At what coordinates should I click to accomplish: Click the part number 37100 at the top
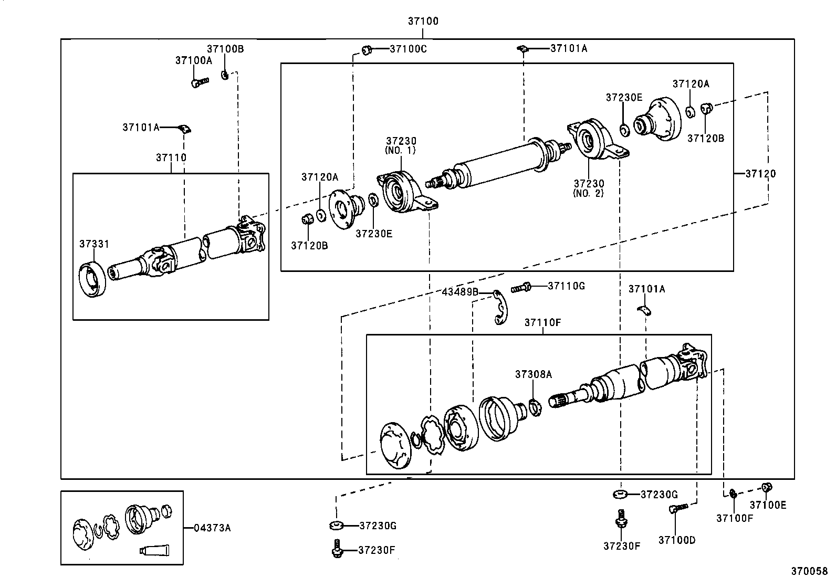tap(423, 22)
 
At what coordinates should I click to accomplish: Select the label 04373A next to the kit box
tap(212, 528)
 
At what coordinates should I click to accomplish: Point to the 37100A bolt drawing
tap(199, 82)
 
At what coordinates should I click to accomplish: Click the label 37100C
tap(408, 49)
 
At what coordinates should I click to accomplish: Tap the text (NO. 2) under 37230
tap(588, 193)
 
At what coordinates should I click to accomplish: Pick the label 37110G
tap(566, 286)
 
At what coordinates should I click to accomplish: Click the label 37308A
tap(534, 374)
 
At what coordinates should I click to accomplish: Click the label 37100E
tap(767, 505)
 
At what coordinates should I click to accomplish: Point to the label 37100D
tap(677, 540)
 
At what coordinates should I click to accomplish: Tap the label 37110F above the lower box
tap(542, 322)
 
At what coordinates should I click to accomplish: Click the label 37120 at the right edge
tap(760, 174)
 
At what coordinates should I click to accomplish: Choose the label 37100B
tap(225, 49)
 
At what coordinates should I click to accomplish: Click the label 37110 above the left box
tap(171, 158)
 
